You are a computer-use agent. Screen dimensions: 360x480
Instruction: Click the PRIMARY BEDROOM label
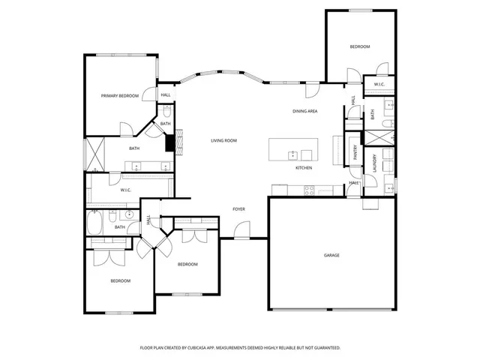pos(120,96)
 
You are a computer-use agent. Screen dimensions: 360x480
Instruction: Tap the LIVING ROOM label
pos(223,140)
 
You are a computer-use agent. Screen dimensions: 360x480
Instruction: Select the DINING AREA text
pos(305,111)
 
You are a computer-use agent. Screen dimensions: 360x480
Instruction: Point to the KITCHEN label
pos(303,167)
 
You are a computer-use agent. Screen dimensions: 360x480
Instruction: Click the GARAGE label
pos(331,255)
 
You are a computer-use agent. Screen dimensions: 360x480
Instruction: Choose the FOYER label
pos(238,209)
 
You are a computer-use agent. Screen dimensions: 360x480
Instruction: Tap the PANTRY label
pos(355,152)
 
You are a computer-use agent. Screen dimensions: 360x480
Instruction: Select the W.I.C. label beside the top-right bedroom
pos(379,84)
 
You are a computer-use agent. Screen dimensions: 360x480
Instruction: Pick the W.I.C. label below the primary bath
pos(126,190)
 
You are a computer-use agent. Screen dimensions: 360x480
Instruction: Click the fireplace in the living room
pos(170,142)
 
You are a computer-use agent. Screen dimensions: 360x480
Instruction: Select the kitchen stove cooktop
pos(308,192)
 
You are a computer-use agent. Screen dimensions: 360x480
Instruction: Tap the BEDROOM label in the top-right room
pos(359,47)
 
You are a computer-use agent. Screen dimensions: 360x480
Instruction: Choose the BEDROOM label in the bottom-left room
pos(121,280)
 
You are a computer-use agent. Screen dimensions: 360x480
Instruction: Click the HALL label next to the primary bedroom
pos(165,95)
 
